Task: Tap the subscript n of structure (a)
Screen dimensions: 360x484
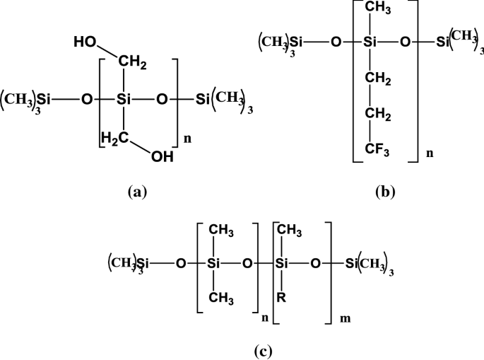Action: tap(187, 140)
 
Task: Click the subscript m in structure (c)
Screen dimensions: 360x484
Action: tap(343, 318)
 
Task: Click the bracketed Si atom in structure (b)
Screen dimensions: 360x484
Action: tap(368, 43)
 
